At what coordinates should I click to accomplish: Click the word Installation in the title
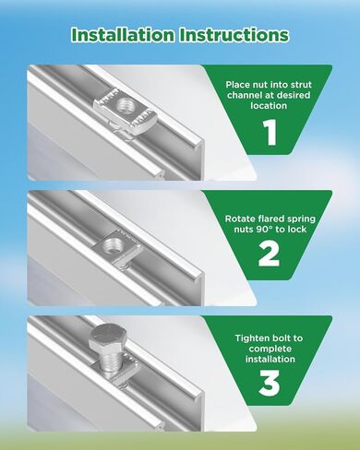click(x=123, y=35)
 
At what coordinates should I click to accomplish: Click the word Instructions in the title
click(x=234, y=35)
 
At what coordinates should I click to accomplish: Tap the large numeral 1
click(x=270, y=132)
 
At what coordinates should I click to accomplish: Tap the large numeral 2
click(x=269, y=254)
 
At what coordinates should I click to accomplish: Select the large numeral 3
click(x=270, y=383)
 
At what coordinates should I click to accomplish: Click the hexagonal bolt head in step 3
click(x=107, y=337)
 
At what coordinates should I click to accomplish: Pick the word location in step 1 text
click(x=269, y=106)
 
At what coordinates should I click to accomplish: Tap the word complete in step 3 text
click(x=270, y=349)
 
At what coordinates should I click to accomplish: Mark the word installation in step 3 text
click(x=270, y=359)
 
